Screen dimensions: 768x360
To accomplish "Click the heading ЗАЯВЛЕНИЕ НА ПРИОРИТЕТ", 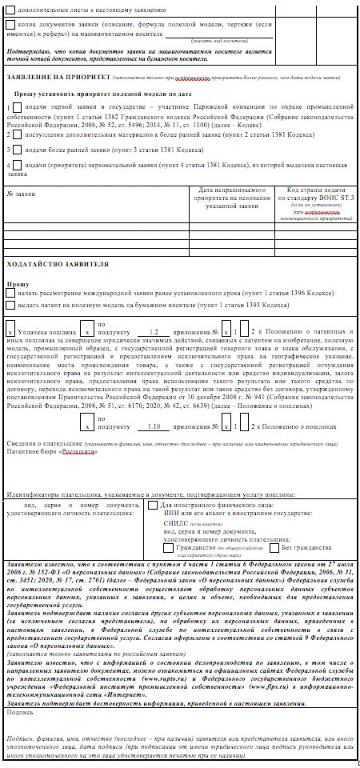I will (x=60, y=79).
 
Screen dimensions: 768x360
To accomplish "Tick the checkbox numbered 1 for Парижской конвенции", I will (x=10, y=106).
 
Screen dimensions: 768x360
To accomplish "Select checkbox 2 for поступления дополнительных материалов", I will (x=10, y=135).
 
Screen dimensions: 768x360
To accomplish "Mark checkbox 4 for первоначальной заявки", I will (x=10, y=165).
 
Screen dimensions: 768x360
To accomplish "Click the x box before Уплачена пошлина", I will (x=10, y=331).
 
